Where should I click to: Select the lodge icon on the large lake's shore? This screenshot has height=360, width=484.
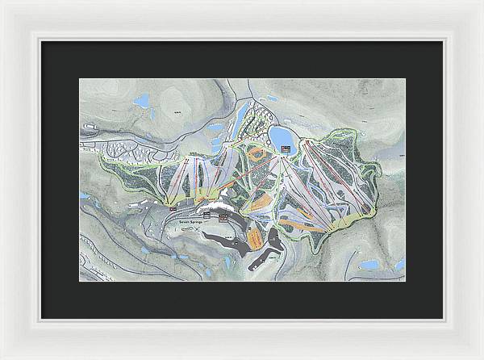285,148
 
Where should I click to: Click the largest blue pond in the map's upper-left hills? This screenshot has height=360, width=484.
143,102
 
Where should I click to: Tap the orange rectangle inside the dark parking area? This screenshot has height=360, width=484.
256,240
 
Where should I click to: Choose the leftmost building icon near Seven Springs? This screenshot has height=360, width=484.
174,208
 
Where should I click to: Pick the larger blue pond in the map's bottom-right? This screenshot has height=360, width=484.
369,265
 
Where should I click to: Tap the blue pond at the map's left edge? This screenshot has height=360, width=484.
84,195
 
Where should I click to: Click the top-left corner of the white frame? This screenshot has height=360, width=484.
2,2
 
